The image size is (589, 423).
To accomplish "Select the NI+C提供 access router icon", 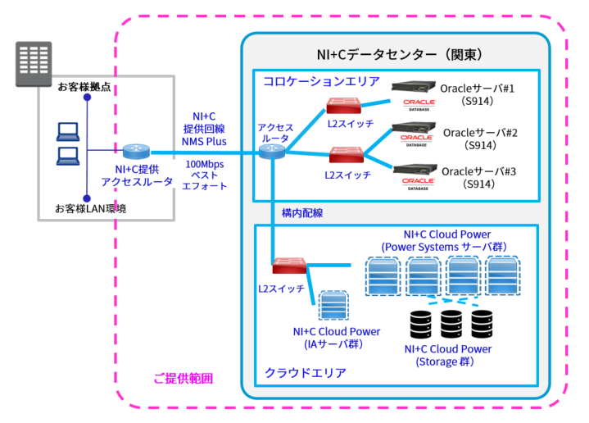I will (x=136, y=152).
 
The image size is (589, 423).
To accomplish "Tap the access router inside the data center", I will (x=274, y=152).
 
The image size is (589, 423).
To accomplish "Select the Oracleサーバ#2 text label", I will (x=480, y=132).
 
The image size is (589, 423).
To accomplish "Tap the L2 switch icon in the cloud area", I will (x=291, y=266).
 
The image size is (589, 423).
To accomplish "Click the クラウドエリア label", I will (x=305, y=373).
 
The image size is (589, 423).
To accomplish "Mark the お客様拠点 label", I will (x=84, y=86).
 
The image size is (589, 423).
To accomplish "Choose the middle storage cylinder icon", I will (x=451, y=326).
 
